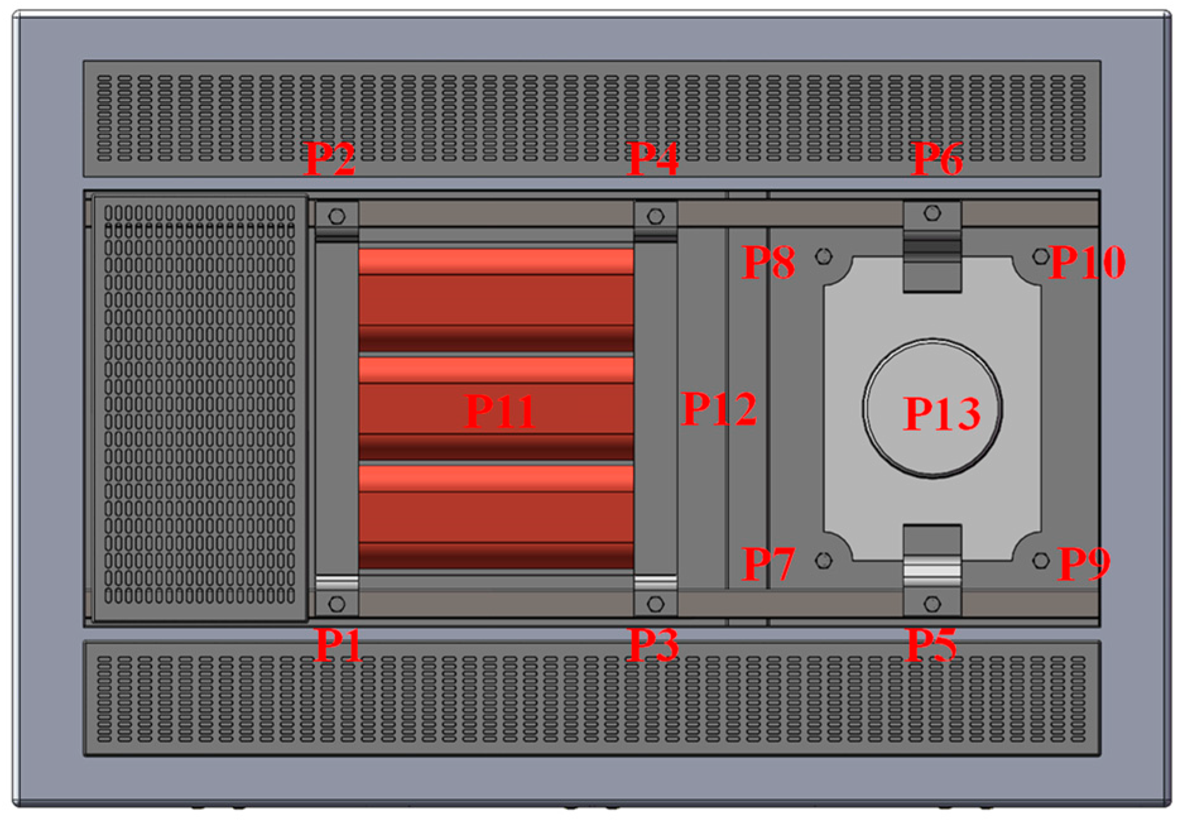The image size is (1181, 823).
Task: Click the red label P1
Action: pos(339,645)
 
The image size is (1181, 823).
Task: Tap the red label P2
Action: pos(329,158)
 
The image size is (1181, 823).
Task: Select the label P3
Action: pos(654,645)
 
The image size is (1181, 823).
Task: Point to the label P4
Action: pos(654,158)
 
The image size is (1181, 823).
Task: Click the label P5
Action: pos(932,645)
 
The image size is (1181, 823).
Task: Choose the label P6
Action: pos(938,158)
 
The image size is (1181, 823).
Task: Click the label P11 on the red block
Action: pos(500,411)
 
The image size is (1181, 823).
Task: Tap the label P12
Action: pos(720,409)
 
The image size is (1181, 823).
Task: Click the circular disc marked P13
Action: pos(932,409)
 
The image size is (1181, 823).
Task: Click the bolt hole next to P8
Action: pos(824,256)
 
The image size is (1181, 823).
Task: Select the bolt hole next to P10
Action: pos(1041,256)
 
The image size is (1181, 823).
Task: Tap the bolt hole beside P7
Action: pos(824,560)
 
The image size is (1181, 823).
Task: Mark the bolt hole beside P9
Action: pos(1041,560)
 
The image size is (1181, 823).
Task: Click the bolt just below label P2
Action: pos(337,216)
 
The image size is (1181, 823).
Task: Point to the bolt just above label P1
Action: pos(337,604)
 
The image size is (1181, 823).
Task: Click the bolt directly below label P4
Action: pos(656,216)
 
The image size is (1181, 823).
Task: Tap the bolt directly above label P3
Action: pos(656,604)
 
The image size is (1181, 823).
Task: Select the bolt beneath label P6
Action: pos(932,213)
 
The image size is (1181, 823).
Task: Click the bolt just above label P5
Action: pos(932,604)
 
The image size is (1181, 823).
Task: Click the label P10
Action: pos(1088,262)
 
